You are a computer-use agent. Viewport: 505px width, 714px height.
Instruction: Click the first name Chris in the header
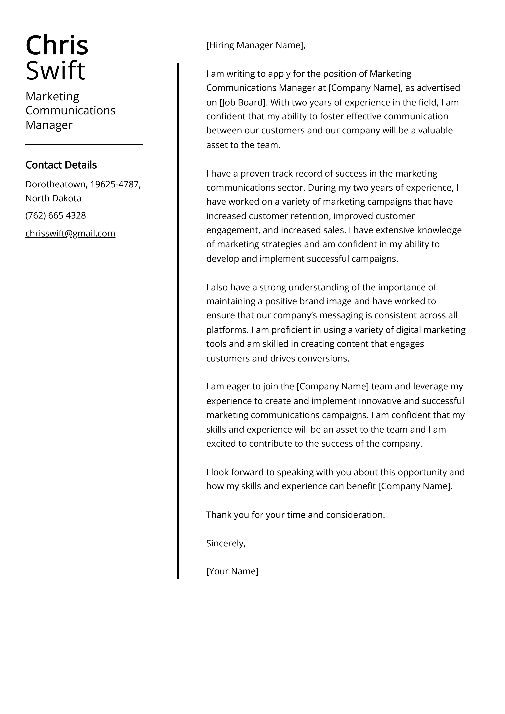57,46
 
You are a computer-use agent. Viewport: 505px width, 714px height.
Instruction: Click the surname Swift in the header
55,71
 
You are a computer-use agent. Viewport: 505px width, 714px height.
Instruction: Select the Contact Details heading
61,165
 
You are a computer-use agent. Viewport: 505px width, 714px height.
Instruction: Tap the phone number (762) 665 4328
56,215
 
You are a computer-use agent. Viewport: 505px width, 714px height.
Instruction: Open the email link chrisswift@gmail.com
70,233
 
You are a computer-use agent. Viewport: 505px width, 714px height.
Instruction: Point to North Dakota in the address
53,198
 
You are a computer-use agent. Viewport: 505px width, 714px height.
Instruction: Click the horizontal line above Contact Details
84,145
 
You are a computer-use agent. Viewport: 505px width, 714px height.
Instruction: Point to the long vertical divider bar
178,311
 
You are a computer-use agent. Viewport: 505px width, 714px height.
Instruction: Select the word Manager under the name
49,125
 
